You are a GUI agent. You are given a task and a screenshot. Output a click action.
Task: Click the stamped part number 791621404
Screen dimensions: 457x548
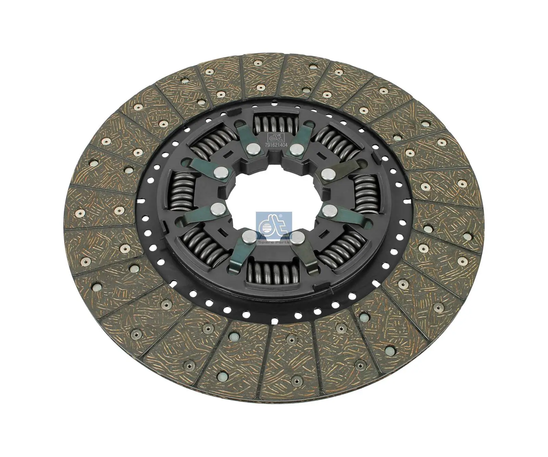276,145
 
